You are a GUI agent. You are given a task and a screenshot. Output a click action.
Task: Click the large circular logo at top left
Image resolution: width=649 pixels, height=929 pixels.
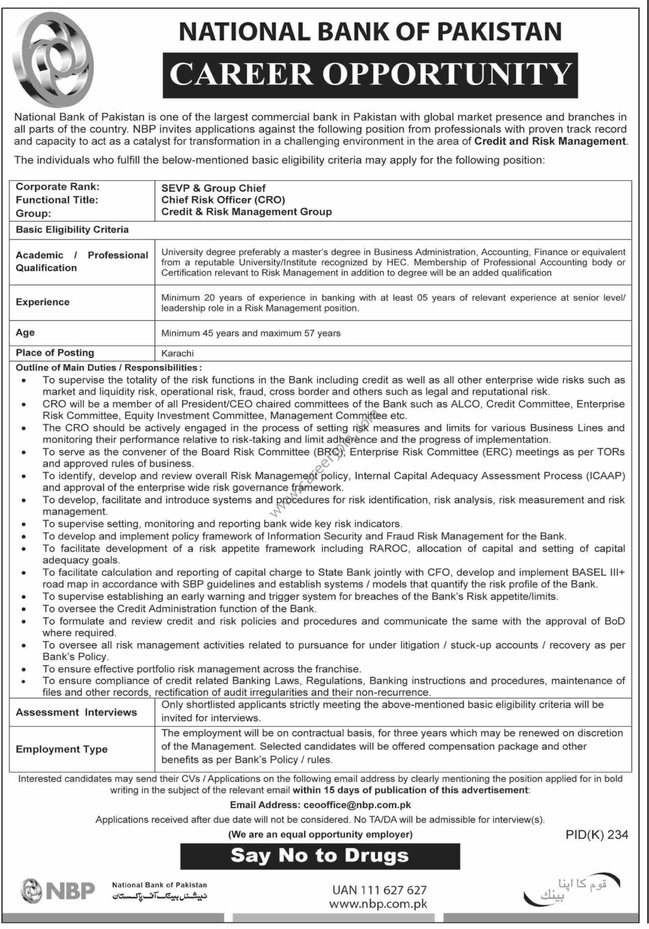click(53, 59)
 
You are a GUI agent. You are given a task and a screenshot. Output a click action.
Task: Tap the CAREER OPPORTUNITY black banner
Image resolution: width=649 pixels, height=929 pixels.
click(370, 75)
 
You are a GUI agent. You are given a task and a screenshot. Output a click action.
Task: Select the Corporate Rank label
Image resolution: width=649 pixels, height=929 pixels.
click(57, 186)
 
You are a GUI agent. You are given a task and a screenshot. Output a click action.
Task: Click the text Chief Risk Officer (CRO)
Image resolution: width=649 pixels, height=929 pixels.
click(223, 200)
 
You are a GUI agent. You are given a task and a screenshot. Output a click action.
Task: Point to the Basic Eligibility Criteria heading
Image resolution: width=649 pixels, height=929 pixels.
click(72, 229)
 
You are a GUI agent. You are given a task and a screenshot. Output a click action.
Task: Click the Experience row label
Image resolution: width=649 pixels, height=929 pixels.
click(43, 302)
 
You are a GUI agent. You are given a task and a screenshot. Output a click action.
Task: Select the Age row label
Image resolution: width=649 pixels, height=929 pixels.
click(25, 332)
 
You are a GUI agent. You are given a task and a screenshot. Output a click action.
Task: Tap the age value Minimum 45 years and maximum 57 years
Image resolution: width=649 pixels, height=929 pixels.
click(251, 333)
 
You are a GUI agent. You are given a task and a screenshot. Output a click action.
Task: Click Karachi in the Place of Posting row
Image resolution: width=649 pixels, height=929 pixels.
click(178, 353)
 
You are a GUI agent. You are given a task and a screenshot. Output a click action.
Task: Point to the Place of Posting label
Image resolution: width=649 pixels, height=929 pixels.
click(55, 353)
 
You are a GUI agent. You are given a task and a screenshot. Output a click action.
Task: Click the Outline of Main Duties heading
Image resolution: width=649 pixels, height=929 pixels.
click(108, 368)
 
